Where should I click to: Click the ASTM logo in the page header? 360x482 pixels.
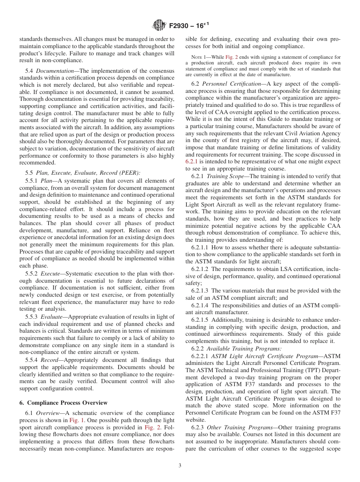(x=159, y=26)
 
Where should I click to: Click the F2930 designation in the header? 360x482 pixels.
(x=181, y=26)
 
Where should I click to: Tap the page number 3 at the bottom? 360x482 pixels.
(x=180, y=466)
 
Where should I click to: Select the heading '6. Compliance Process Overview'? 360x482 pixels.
(x=63, y=403)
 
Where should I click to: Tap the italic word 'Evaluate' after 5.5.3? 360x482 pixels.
(x=52, y=317)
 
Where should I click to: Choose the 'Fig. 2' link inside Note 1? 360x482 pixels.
(x=231, y=57)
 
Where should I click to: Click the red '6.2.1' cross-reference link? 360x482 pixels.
(x=192, y=162)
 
